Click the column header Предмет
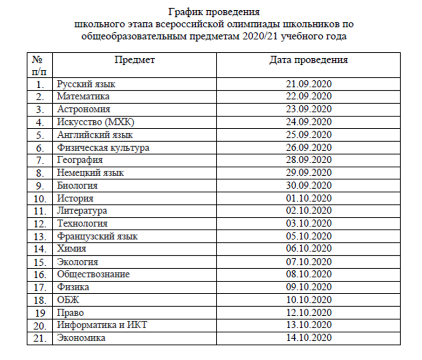click(x=135, y=60)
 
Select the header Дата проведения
click(x=309, y=60)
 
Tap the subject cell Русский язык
click(x=86, y=84)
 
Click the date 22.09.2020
click(x=309, y=97)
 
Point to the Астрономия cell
click(x=84, y=110)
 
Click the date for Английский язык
click(x=309, y=135)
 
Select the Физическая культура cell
click(x=103, y=148)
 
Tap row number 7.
click(x=40, y=160)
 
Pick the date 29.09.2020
click(x=309, y=173)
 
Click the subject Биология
click(x=77, y=186)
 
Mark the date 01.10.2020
click(x=309, y=198)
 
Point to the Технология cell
click(x=82, y=223)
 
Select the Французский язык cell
click(x=97, y=236)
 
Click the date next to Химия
click(x=309, y=249)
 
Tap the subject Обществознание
click(x=93, y=274)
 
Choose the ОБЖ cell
click(x=67, y=299)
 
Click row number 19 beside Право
click(x=40, y=312)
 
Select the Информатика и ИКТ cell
click(x=102, y=325)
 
